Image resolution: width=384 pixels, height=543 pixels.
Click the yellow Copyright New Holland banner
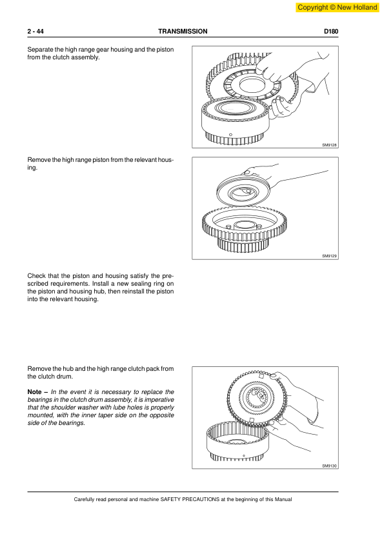point(338,7)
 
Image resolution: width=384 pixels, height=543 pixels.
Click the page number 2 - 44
point(35,31)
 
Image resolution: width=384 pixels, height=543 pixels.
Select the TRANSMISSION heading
point(183,31)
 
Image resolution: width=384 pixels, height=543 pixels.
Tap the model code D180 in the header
point(331,31)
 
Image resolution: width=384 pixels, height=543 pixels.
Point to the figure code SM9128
point(329,145)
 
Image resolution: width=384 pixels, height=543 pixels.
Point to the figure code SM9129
point(329,256)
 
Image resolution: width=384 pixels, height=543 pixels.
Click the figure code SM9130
point(329,466)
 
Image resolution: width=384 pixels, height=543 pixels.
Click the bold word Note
point(34,391)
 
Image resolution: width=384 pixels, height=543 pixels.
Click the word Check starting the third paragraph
point(36,276)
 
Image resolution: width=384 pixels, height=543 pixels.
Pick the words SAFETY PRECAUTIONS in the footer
point(190,499)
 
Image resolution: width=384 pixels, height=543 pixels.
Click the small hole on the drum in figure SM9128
point(231,134)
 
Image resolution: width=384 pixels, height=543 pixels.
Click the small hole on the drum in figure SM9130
point(244,456)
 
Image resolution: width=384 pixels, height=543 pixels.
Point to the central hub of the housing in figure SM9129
point(245,226)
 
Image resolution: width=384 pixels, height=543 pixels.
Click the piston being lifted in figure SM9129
point(243,190)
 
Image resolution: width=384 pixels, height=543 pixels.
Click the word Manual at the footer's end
point(283,499)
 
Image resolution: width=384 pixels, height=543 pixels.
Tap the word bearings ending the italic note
point(72,423)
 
